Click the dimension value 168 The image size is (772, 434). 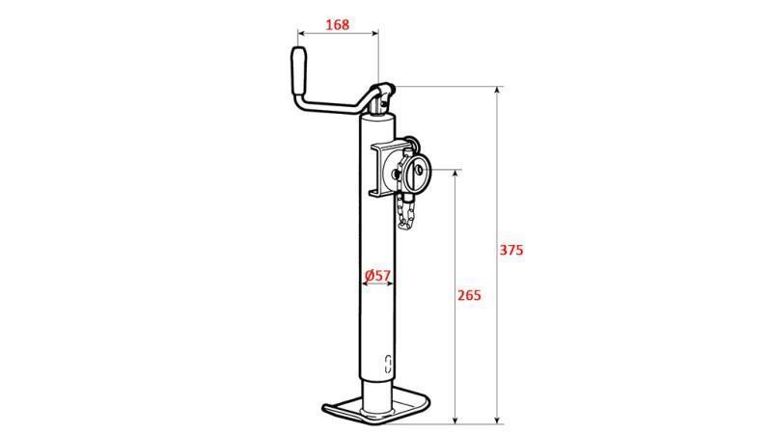[x=337, y=24]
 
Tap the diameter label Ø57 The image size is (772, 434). [x=377, y=276]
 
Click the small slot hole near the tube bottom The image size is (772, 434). [x=388, y=364]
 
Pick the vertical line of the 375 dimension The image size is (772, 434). [x=498, y=193]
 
